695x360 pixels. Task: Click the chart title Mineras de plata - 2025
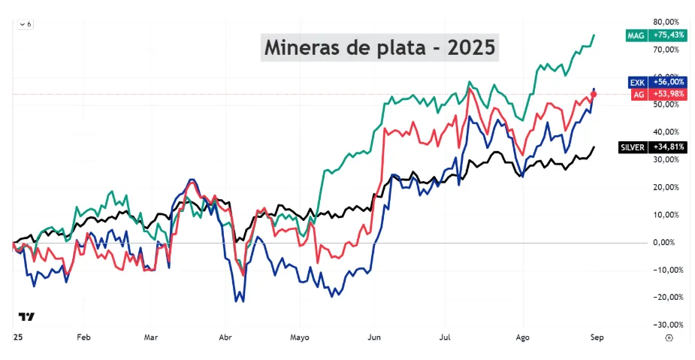click(379, 47)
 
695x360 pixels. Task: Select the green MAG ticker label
click(636, 35)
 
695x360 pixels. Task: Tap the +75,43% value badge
click(667, 35)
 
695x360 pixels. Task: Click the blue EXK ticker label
click(637, 82)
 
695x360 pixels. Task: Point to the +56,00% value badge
click(667, 82)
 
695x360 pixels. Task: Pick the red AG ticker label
click(639, 94)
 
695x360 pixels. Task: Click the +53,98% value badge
click(667, 94)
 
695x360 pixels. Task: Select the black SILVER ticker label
click(633, 147)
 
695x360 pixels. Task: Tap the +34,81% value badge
click(667, 147)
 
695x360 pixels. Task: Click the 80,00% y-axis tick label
click(666, 22)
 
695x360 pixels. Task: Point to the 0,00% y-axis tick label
click(668, 243)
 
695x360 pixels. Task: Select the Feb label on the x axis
click(83, 337)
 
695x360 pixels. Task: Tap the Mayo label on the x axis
click(300, 338)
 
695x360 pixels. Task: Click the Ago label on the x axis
click(523, 338)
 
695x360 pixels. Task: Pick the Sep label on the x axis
click(597, 338)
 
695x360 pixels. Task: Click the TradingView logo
click(26, 316)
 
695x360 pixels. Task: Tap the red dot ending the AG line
click(594, 94)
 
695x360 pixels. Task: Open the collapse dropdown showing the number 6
click(26, 24)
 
